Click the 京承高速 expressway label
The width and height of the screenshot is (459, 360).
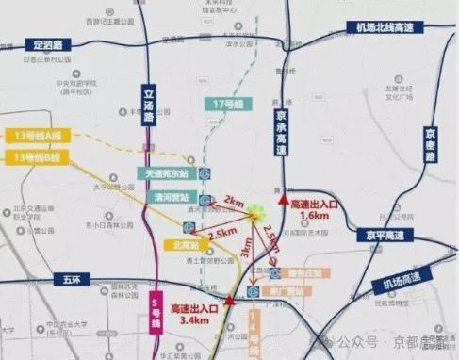point(281,130)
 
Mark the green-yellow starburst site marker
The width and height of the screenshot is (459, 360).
point(255,218)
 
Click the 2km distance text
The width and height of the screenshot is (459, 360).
point(232,201)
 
